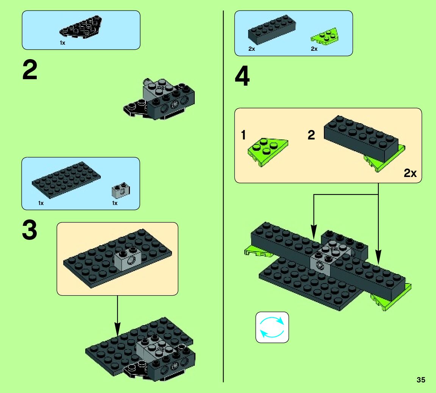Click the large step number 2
(x=30, y=70)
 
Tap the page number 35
(x=421, y=380)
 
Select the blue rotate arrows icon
(x=272, y=327)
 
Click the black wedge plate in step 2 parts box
(x=81, y=27)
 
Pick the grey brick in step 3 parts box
(x=121, y=190)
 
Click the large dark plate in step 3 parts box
(x=66, y=180)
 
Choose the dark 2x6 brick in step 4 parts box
(x=272, y=30)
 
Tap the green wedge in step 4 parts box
(x=325, y=36)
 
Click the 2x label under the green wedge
(x=314, y=49)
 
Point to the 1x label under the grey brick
(x=114, y=203)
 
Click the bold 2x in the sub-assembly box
(x=410, y=173)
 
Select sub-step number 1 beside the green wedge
(x=243, y=135)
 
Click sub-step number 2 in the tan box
(x=311, y=135)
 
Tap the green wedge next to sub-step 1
(x=268, y=152)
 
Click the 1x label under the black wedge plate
(x=62, y=43)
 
